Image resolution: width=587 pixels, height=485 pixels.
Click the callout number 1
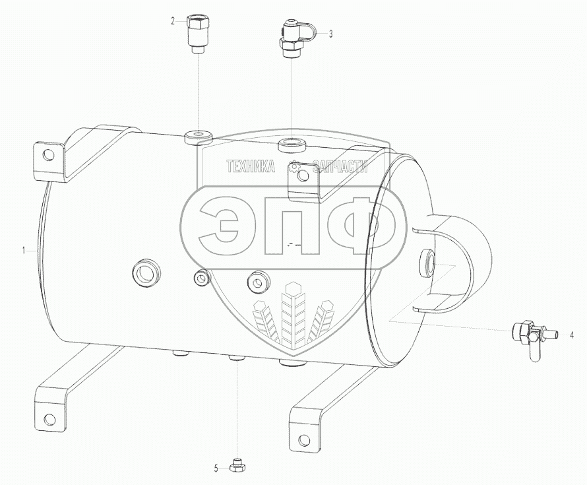(24, 251)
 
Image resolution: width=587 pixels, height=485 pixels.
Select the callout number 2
(173, 21)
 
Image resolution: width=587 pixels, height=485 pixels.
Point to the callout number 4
(572, 335)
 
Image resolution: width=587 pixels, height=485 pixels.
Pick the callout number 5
(216, 469)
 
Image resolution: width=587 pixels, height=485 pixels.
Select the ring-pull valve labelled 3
(294, 38)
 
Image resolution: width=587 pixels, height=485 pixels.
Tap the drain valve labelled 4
(530, 336)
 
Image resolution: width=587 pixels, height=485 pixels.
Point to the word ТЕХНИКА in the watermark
(251, 168)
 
